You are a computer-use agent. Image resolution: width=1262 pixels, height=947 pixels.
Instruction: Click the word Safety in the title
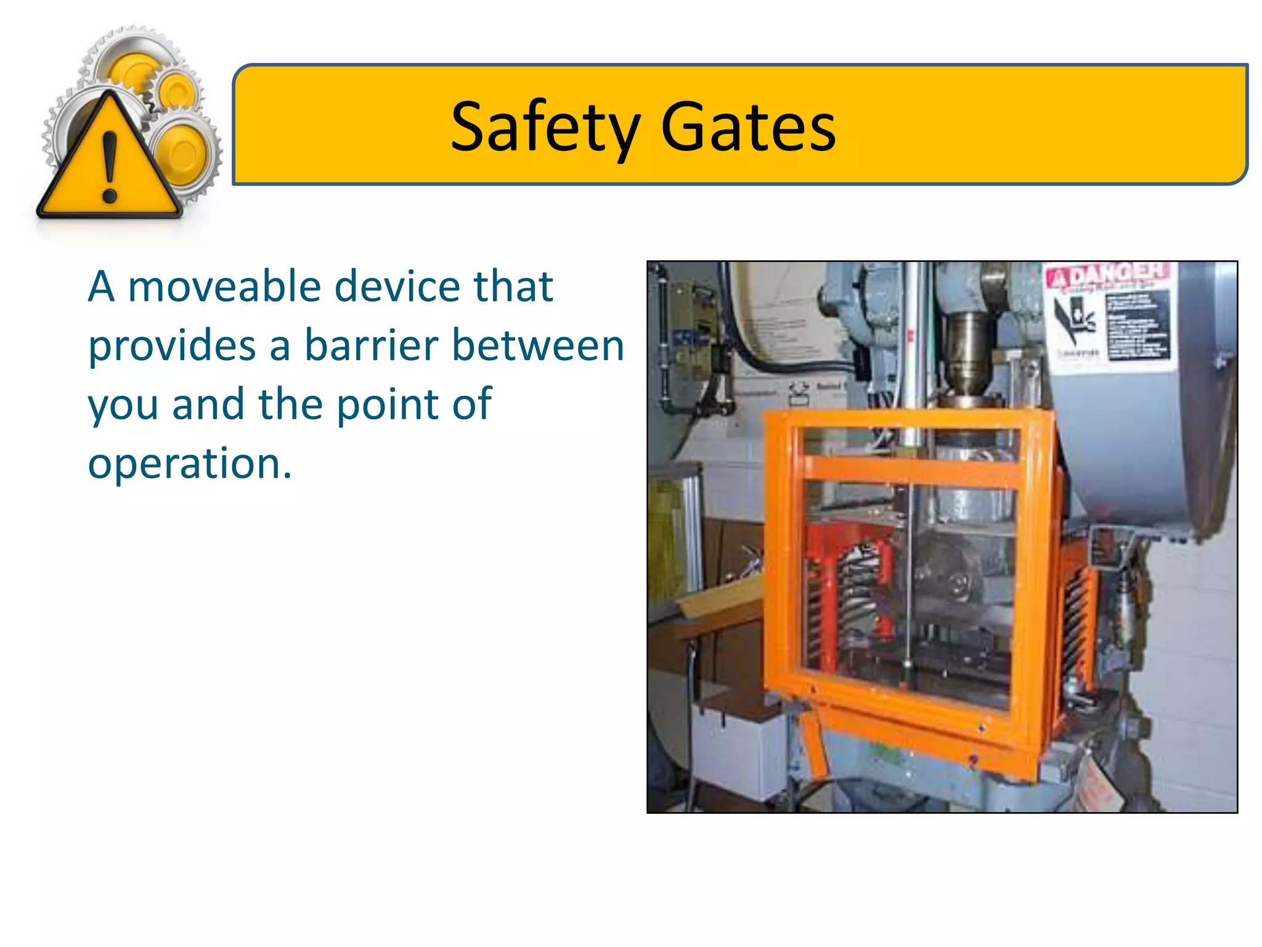pyautogui.click(x=545, y=128)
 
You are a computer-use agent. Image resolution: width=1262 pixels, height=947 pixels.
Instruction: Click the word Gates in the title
pyautogui.click(x=748, y=128)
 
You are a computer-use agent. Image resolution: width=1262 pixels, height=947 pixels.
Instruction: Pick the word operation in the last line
pyautogui.click(x=189, y=464)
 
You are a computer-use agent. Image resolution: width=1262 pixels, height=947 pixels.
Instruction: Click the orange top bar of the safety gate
pyautogui.click(x=906, y=420)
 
